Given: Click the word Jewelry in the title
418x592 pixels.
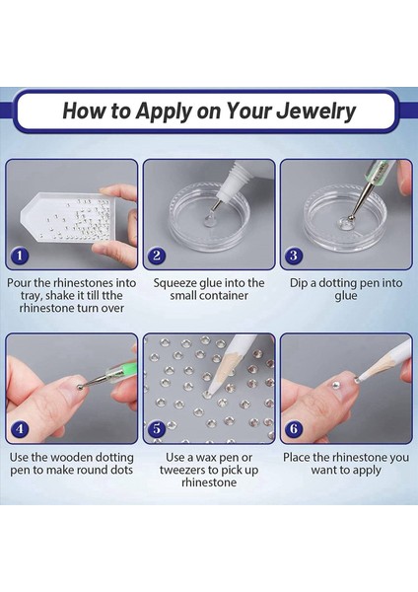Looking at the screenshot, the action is click(315, 111).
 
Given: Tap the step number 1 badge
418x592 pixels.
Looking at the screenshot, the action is click(20, 256).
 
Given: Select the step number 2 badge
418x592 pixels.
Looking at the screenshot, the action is click(157, 256).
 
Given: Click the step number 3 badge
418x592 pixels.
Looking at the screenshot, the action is click(294, 256).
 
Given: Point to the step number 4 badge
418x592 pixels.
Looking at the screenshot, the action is click(20, 429).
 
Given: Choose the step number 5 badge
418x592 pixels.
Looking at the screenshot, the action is click(157, 429).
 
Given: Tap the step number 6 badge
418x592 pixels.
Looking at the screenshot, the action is click(294, 429).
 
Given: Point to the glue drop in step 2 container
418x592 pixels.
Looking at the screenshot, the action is click(208, 220).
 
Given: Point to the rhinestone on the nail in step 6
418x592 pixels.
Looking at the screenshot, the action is click(335, 385).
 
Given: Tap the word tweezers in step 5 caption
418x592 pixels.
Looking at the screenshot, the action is click(183, 470).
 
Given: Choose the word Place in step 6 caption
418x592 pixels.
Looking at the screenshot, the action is click(297, 458).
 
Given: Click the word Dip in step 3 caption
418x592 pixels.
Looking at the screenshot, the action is click(299, 283).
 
